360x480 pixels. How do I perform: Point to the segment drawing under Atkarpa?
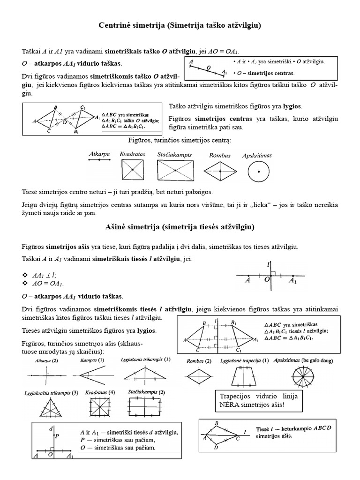click(x=99, y=160)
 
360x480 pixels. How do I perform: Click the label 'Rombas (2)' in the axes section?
click(x=199, y=361)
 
